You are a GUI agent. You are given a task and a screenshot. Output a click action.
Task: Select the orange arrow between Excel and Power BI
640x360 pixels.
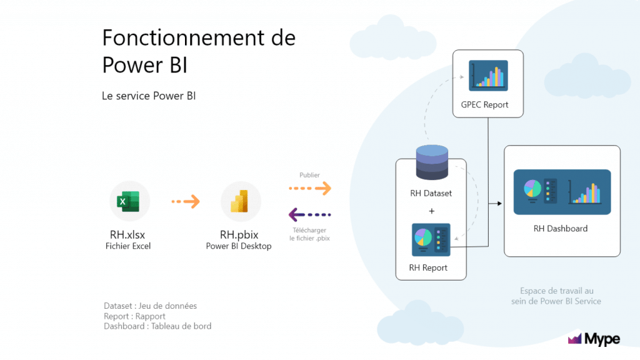coord(186,201)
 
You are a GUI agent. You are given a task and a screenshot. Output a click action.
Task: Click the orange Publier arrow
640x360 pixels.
coord(310,188)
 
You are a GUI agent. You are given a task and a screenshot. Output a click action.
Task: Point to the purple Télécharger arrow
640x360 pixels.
coord(310,215)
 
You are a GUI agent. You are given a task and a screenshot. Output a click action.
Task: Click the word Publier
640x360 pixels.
coord(309,175)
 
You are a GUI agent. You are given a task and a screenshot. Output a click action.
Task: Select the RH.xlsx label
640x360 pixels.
coord(127,235)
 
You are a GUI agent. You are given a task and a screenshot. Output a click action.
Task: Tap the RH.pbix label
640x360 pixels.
coord(239,235)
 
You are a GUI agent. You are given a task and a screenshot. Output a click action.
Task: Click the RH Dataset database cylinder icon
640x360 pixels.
coord(432,162)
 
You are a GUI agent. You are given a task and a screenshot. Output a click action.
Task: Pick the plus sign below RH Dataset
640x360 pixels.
coord(431,211)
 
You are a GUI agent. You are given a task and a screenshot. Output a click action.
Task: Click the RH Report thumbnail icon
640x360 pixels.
coord(431,239)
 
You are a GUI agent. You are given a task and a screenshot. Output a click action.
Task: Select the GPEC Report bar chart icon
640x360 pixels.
coord(488,76)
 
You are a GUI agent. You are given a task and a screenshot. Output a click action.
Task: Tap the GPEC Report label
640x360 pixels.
coord(484,104)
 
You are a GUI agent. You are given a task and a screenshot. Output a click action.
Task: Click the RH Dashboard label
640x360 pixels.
coord(561,229)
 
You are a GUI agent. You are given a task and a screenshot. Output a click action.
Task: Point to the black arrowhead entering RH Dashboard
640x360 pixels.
coord(499,203)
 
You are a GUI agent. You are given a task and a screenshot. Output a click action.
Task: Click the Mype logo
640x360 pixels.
coord(594,338)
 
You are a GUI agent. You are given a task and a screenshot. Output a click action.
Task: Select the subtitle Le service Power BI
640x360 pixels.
coord(149,96)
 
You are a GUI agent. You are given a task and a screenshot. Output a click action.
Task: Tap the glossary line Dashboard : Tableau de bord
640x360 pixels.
coord(157,326)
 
